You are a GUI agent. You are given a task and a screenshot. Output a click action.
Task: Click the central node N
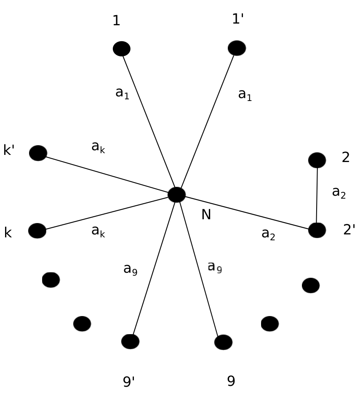tap(177, 194)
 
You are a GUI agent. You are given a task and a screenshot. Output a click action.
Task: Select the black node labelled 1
tap(121, 48)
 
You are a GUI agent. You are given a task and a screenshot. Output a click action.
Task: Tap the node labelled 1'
tap(237, 48)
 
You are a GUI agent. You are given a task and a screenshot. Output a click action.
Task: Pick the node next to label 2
tap(317, 160)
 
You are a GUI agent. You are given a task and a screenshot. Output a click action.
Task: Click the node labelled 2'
tap(317, 230)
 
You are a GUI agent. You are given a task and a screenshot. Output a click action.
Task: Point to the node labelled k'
tap(38, 153)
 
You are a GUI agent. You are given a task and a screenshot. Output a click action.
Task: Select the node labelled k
tap(37, 231)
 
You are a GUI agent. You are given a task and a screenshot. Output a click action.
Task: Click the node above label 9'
tap(130, 341)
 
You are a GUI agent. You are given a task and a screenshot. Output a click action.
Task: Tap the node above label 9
tap(223, 342)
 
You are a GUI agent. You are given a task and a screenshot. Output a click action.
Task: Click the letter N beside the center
tap(206, 214)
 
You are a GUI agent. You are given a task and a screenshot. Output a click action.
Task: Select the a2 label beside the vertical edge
tap(339, 192)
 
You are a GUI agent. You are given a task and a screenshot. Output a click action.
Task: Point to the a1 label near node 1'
tap(245, 95)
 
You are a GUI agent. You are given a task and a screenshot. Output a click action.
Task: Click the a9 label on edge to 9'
tap(130, 269)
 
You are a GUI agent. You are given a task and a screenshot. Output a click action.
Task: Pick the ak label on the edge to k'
tap(98, 147)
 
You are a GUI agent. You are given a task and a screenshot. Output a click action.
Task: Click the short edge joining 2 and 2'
tap(317, 195)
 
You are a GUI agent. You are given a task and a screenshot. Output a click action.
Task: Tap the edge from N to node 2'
tap(247, 213)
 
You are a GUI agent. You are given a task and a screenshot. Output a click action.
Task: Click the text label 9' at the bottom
tap(129, 381)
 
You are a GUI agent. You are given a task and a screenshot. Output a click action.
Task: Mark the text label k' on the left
tap(9, 150)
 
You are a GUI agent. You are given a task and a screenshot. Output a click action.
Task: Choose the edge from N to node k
tap(107, 213)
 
